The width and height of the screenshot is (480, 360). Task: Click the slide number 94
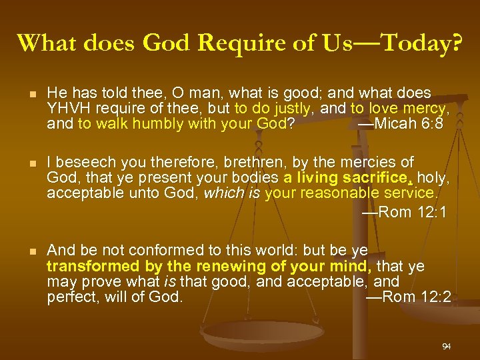446,347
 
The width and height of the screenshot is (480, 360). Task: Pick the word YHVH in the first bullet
66,108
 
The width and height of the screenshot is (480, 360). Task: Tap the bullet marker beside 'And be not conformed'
24,251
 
